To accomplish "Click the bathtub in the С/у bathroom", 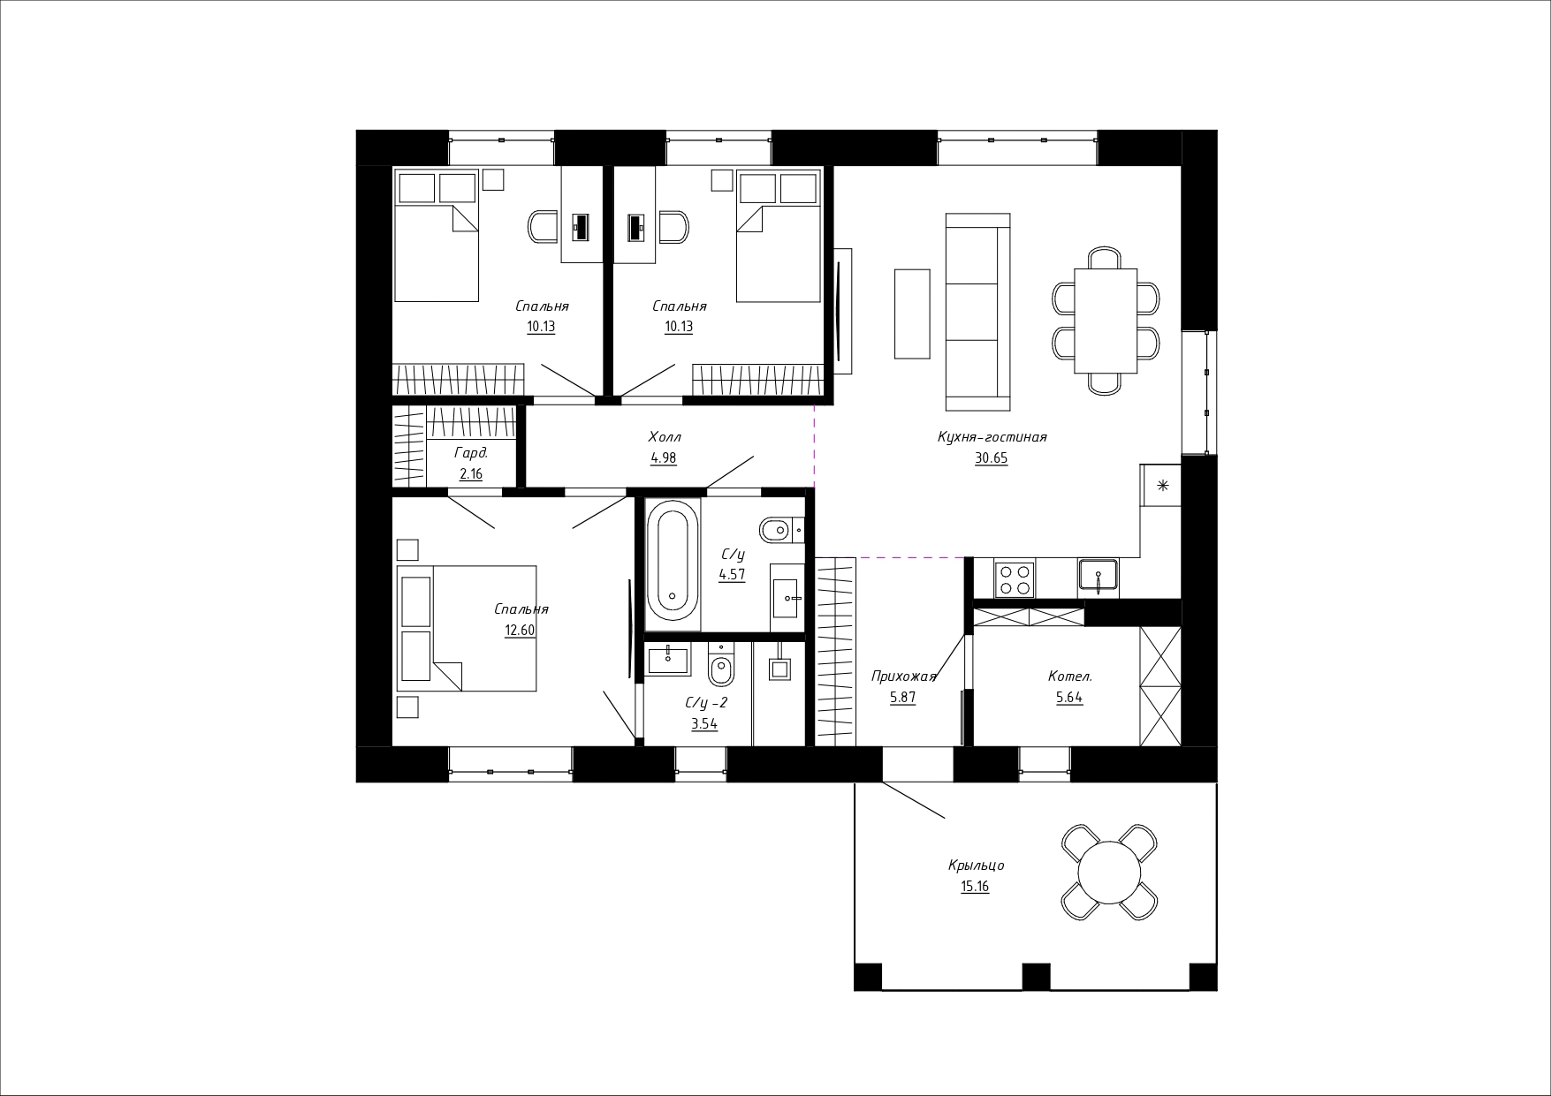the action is point(673,560).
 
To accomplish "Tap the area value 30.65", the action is point(992,458).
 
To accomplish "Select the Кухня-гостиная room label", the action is point(992,437).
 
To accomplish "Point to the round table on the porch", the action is point(1110,872).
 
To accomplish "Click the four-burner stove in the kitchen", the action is point(1015,578).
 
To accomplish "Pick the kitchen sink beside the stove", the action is point(1098,578).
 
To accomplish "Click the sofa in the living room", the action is point(977,312).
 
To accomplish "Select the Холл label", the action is point(665,437).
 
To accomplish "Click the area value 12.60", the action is point(520,631).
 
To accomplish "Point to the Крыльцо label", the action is point(976,865).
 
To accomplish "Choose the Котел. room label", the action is point(1070,676).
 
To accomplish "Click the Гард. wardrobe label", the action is point(471,453).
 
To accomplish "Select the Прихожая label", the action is point(903,677).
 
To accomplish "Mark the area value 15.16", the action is point(975,887).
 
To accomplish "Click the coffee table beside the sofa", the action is point(912,314).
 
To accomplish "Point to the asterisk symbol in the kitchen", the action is point(1162,484).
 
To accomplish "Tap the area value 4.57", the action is point(733,575).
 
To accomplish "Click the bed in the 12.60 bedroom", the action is point(467,628).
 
